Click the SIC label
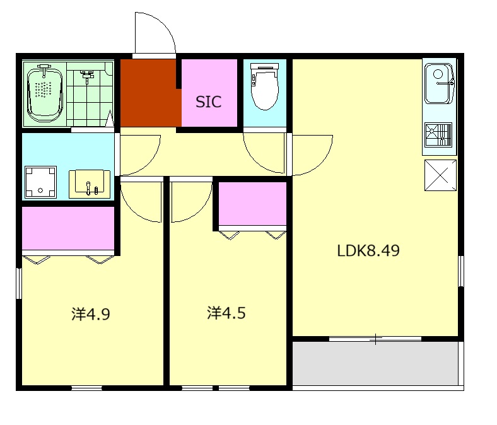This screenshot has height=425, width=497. click(208, 102)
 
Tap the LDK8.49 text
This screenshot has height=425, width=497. click(368, 250)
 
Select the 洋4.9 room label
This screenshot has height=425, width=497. click(91, 313)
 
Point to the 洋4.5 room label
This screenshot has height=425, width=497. click(226, 312)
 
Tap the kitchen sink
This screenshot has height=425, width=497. click(438, 83)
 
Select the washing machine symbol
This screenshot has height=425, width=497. click(40, 181)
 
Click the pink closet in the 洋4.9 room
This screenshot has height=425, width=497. click(68, 228)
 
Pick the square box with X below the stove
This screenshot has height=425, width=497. click(440, 175)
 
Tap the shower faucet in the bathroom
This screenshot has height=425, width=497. click(87, 76)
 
